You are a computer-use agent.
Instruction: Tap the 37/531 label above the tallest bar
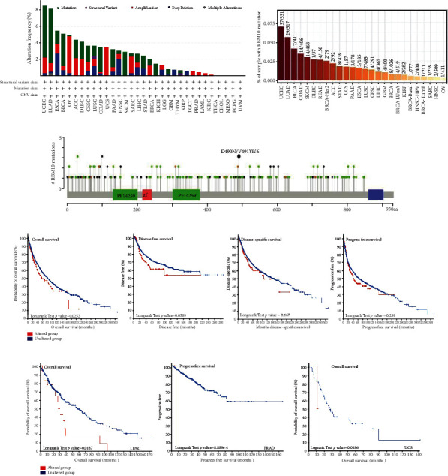pyautogui.click(x=278, y=18)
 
